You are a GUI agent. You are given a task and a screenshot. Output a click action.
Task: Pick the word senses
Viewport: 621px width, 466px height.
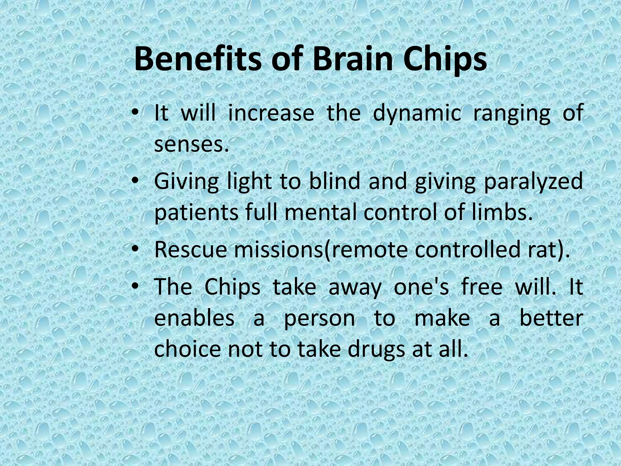pyautogui.click(x=191, y=145)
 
